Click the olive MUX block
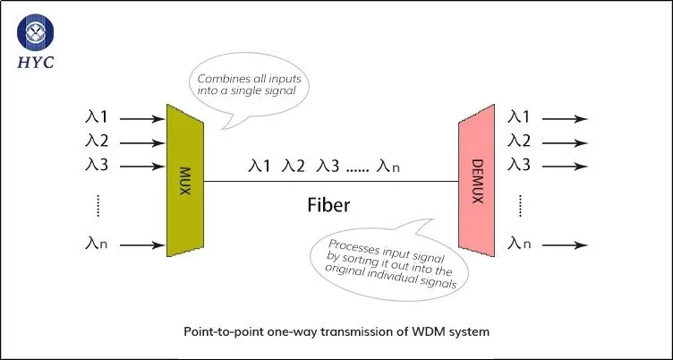click(x=185, y=181)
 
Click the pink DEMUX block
click(x=476, y=181)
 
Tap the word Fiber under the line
click(x=328, y=205)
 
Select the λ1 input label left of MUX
click(x=97, y=117)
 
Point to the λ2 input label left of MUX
click(x=97, y=141)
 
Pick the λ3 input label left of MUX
click(x=97, y=165)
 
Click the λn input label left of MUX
click(x=96, y=244)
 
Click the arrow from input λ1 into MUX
click(x=142, y=119)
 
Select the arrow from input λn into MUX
click(x=142, y=245)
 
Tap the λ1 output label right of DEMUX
click(x=519, y=116)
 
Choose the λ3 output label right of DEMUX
click(x=519, y=164)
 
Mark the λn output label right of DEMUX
click(x=519, y=244)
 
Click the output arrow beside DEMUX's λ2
click(x=565, y=143)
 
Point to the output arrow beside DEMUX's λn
click(x=565, y=245)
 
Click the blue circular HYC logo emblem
click(x=35, y=32)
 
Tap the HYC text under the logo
click(x=36, y=63)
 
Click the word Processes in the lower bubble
click(x=349, y=247)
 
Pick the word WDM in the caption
click(x=426, y=331)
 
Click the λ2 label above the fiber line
click(x=294, y=166)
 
